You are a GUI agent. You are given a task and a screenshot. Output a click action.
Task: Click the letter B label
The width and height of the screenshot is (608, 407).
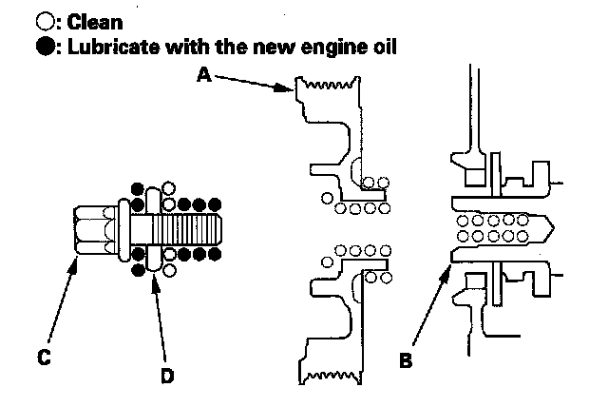point(406,361)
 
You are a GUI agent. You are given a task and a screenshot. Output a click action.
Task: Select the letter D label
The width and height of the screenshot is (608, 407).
point(167,376)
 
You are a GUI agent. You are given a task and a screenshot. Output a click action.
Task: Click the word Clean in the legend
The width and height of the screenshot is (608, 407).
point(95,19)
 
